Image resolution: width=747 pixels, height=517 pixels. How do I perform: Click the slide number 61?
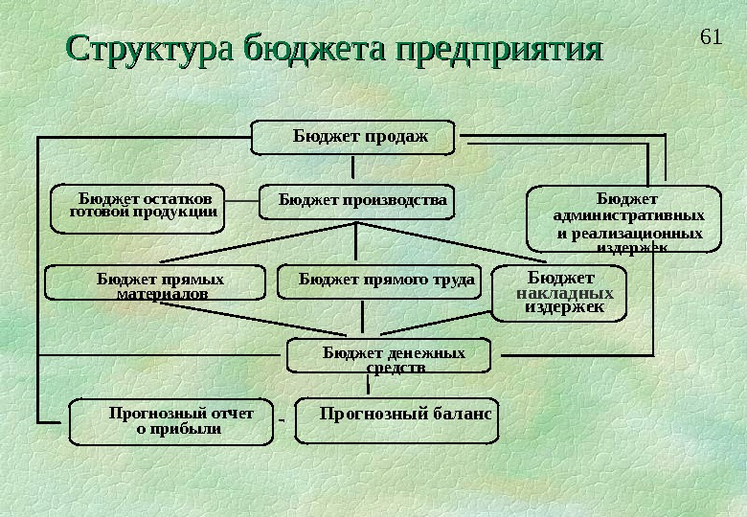pyautogui.click(x=710, y=37)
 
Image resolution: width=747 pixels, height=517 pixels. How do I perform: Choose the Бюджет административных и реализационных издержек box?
pyautogui.click(x=624, y=219)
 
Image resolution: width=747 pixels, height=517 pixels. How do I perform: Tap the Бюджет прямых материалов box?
pyautogui.click(x=156, y=282)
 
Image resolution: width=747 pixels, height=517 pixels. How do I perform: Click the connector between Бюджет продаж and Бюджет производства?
pyautogui.click(x=354, y=169)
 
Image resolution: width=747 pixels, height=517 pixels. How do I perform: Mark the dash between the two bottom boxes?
pyautogui.click(x=282, y=419)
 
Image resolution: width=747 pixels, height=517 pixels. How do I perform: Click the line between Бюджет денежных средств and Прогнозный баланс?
pyautogui.click(x=367, y=385)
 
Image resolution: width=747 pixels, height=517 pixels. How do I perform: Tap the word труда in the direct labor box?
pyautogui.click(x=452, y=280)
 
